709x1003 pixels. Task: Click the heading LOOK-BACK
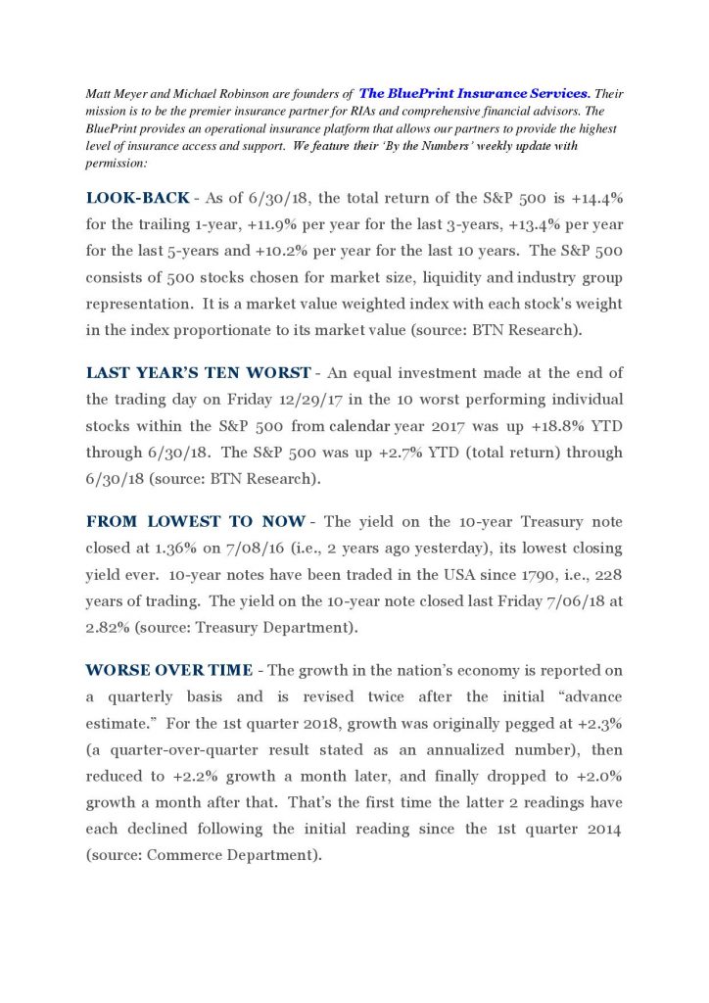click(x=136, y=198)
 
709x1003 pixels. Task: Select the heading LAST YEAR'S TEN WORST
click(x=196, y=373)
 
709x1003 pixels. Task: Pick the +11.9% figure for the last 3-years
click(x=228, y=224)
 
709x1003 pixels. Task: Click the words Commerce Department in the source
click(x=232, y=855)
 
